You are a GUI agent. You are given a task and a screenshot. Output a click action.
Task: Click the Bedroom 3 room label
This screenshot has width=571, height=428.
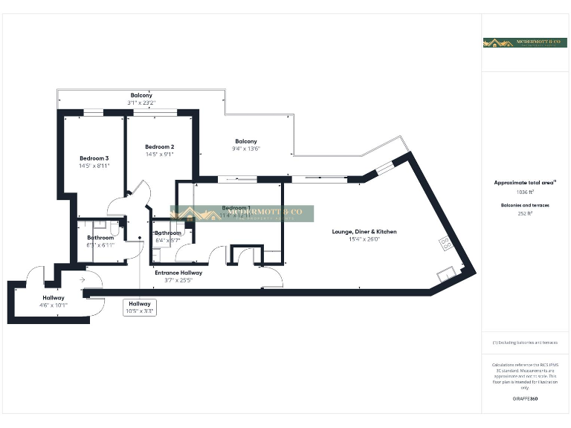point(94,158)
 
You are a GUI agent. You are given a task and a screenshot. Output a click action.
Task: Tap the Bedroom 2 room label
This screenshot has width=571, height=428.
point(160,146)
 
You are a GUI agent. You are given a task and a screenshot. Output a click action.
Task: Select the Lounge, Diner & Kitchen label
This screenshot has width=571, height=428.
point(364,232)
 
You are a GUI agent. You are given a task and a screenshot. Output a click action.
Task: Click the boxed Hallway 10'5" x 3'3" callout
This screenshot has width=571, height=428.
point(140,308)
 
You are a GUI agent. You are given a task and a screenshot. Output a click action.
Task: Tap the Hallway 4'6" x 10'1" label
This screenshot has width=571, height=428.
point(53,301)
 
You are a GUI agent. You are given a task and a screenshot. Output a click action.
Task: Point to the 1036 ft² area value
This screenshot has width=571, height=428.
point(525,192)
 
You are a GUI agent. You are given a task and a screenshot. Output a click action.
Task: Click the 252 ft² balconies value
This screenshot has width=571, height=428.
point(525,214)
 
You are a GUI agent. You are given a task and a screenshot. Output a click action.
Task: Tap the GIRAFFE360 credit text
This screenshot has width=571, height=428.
point(525,399)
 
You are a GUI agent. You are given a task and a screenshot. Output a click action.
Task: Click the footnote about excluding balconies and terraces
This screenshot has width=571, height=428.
point(525,343)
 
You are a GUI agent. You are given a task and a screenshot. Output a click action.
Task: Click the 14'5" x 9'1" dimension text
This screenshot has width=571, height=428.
point(160,155)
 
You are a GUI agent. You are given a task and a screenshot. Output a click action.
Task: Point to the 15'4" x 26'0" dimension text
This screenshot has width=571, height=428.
point(364,239)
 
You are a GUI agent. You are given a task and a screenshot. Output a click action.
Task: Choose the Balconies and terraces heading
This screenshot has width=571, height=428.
point(525,204)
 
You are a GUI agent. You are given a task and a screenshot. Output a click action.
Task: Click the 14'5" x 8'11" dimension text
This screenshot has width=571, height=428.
point(94,166)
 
